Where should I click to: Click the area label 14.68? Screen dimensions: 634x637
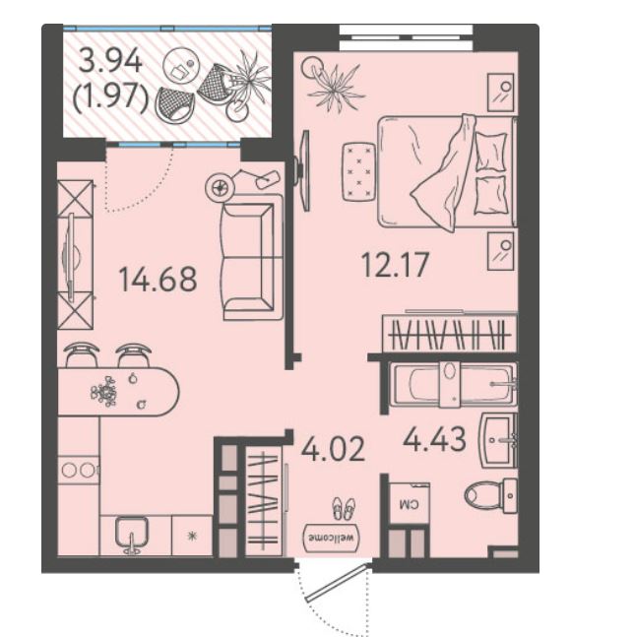coord(158,279)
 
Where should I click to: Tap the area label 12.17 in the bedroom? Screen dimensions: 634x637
coord(395,265)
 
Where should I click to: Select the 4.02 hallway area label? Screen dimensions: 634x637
coord(333,450)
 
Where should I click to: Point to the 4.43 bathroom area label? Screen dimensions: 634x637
coord(434,439)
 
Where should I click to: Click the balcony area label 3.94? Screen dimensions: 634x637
coord(110,60)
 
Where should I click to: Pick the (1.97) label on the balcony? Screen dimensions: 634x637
coord(110,98)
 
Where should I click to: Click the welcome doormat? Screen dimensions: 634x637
coord(332,538)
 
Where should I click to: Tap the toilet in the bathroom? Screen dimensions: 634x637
coord(490,495)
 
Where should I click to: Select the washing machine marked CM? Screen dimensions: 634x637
coord(409,503)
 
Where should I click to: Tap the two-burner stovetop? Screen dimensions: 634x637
coord(79,470)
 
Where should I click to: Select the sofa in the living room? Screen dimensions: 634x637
coord(251,257)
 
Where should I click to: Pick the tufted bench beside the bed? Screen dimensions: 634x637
coord(358,171)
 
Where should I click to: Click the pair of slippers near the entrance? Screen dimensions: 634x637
coord(344,508)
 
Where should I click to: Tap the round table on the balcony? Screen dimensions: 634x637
coord(179,67)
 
